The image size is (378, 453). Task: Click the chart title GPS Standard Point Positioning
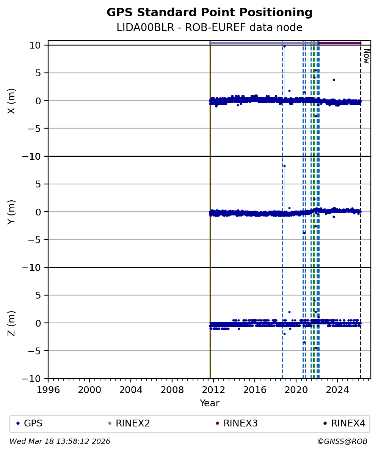[209, 13]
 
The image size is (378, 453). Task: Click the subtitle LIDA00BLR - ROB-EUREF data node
[209, 27]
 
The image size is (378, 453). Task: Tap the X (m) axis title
[11, 101]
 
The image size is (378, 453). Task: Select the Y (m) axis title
[11, 212]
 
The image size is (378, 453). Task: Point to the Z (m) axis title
[11, 323]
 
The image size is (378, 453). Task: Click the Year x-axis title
[209, 403]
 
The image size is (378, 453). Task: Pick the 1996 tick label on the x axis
[48, 390]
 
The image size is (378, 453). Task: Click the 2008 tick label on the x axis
[172, 390]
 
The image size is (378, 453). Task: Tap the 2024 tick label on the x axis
[337, 390]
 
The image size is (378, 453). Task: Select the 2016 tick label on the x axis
[255, 390]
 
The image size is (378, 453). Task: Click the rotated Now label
[366, 56]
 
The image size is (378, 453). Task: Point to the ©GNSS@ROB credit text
[342, 442]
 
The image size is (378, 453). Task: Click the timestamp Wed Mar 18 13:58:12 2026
[60, 442]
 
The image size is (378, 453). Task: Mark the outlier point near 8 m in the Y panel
[284, 166]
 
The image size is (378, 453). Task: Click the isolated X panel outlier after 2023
[334, 80]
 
